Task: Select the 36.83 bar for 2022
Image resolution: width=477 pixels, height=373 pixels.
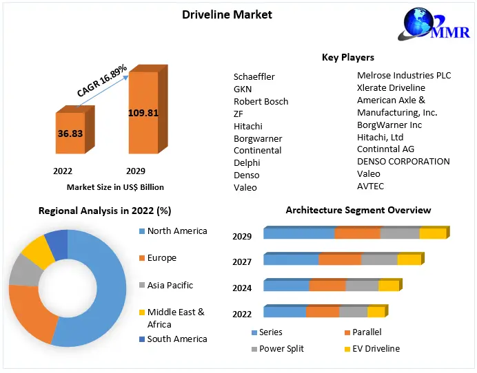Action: [71, 133]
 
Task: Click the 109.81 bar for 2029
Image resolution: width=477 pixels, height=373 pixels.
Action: [143, 112]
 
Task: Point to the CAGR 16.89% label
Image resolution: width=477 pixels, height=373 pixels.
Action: [101, 81]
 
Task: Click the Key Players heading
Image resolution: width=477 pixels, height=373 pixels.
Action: [347, 57]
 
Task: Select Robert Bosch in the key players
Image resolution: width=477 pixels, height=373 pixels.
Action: [261, 101]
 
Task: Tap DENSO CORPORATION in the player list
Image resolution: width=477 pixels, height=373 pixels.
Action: [403, 161]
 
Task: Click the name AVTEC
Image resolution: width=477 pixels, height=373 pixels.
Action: [370, 186]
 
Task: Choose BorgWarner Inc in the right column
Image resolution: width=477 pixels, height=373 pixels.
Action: [389, 125]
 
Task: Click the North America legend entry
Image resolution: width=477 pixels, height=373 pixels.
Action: [176, 231]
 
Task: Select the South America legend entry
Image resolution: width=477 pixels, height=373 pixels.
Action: [176, 339]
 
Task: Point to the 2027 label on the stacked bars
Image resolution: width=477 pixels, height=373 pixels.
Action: [242, 262]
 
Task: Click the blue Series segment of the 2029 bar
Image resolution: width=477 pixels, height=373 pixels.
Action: [298, 234]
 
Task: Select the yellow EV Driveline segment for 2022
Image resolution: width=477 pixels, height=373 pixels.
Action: [376, 312]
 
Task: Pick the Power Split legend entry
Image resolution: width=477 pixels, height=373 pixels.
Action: [282, 348]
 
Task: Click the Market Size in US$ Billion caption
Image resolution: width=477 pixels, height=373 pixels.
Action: [115, 186]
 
